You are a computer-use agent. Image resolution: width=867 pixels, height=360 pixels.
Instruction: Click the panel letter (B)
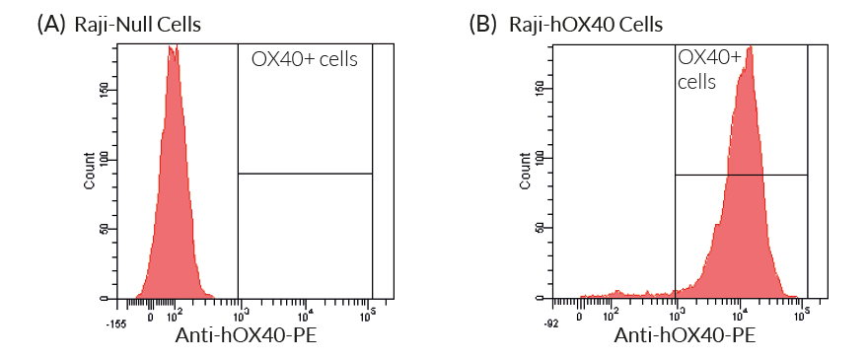[x=485, y=25]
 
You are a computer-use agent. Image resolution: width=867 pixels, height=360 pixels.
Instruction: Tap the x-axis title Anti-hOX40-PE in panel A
[x=246, y=337]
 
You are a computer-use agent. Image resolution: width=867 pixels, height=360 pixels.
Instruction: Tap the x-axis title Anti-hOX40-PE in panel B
[x=685, y=337]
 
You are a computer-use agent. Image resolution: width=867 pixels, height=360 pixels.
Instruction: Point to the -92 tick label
[x=552, y=323]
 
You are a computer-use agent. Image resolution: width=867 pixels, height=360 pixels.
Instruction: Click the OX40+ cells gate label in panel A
[x=305, y=59]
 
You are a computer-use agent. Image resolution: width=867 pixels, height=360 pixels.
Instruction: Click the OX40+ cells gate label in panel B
[x=708, y=70]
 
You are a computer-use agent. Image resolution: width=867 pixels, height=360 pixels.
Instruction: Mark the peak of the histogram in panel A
[x=173, y=51]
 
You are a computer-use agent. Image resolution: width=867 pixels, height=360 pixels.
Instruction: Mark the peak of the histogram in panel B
[x=750, y=47]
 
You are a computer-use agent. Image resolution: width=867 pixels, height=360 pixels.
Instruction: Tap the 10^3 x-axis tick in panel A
[x=239, y=316]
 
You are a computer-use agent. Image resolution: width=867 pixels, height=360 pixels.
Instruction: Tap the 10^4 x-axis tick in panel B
[x=740, y=316]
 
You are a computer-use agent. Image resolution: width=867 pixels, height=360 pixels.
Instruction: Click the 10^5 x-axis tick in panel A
[x=371, y=316]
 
